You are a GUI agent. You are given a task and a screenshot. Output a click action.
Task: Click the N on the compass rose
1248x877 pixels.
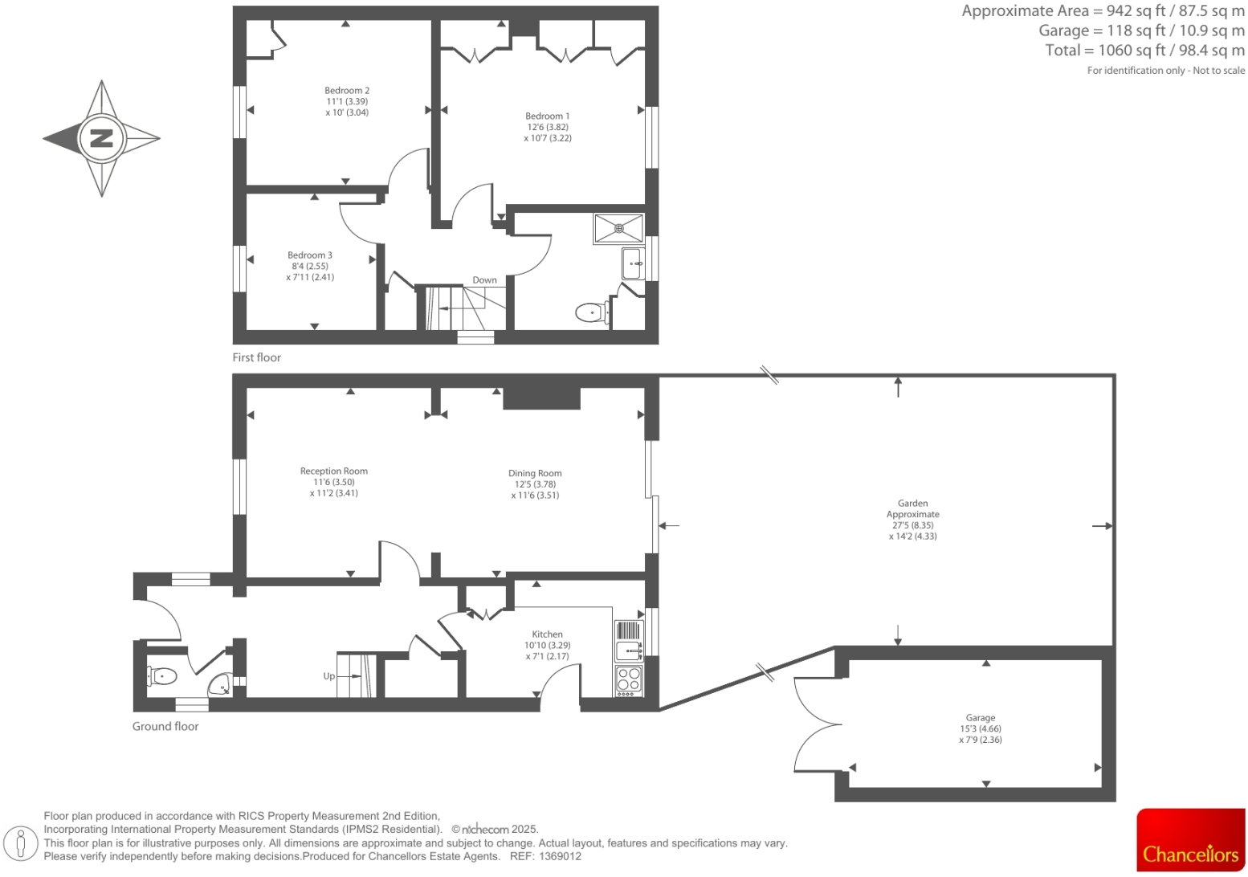click(x=101, y=138)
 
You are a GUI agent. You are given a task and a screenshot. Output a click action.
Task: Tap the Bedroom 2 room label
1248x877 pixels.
click(x=347, y=91)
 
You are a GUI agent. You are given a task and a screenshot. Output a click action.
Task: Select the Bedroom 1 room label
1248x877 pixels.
click(x=548, y=116)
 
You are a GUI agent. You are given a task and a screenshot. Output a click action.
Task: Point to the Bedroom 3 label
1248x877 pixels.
click(x=310, y=255)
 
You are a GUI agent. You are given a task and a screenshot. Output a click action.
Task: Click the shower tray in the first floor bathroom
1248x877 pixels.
click(x=618, y=228)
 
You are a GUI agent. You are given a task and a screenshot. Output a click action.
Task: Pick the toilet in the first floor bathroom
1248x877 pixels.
click(x=591, y=312)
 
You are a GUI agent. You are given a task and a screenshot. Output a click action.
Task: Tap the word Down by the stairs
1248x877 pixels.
click(x=484, y=280)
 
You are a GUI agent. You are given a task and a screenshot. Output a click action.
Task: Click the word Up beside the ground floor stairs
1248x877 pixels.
click(x=329, y=676)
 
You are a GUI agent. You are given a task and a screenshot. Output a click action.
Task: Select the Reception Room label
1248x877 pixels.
click(x=334, y=471)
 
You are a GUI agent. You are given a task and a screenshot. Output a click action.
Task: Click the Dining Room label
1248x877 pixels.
click(x=535, y=474)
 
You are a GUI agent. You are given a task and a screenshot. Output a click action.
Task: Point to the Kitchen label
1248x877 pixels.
click(x=547, y=634)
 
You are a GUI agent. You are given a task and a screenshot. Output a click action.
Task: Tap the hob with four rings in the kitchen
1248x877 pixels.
click(x=629, y=680)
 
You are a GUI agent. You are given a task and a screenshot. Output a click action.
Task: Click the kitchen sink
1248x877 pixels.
click(x=628, y=650)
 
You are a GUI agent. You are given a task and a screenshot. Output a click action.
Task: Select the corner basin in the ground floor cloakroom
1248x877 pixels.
click(x=220, y=685)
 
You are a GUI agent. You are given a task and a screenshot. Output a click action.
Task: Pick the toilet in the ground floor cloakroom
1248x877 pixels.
click(x=162, y=676)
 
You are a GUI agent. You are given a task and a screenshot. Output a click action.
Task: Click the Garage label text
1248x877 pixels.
click(x=980, y=718)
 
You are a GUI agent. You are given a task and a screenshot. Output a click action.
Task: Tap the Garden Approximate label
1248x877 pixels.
click(x=912, y=508)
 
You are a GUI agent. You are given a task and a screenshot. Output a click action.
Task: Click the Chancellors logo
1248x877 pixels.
click(x=1190, y=840)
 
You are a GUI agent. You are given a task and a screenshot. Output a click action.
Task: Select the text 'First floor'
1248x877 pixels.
click(x=257, y=357)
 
